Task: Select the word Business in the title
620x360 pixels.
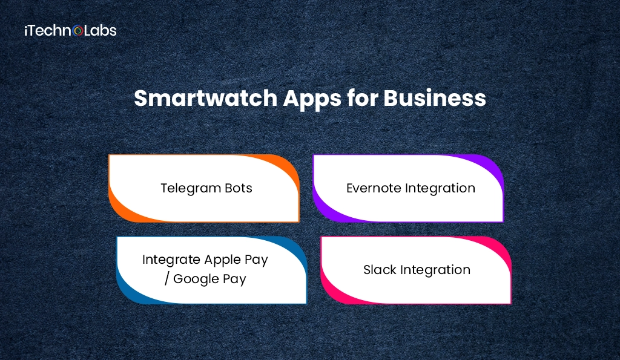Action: click(435, 98)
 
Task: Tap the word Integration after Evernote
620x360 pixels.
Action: click(441, 188)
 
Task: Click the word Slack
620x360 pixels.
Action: click(379, 270)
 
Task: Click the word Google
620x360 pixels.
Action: click(197, 279)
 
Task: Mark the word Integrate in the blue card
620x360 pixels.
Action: click(171, 260)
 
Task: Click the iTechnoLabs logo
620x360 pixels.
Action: click(70, 30)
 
